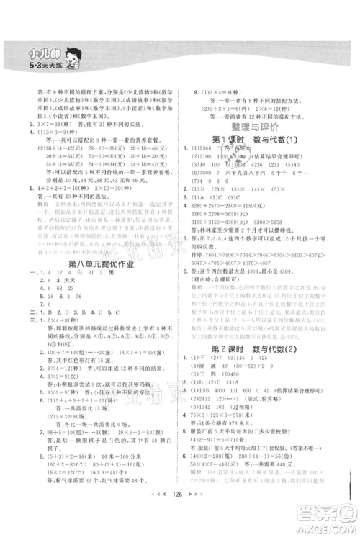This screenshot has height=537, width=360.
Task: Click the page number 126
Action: [179, 515]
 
